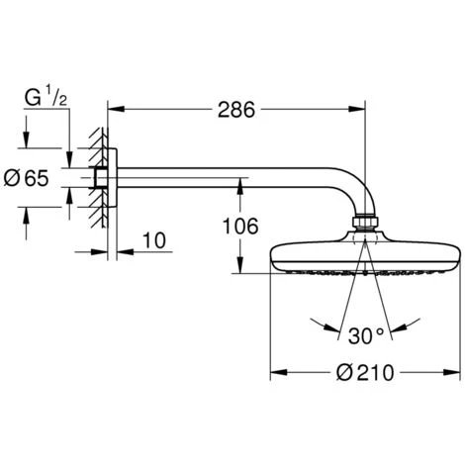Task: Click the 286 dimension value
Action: coord(236,110)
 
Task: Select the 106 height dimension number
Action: coord(240,227)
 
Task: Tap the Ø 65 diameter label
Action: coord(27,178)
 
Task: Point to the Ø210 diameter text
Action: coord(365,373)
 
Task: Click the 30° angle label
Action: coord(366,335)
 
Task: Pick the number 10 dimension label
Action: coord(154,240)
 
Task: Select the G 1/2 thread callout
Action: coord(46,98)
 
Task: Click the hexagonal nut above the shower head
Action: coord(365,222)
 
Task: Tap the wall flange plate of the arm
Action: coord(112,178)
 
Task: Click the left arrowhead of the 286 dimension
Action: coord(116,109)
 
